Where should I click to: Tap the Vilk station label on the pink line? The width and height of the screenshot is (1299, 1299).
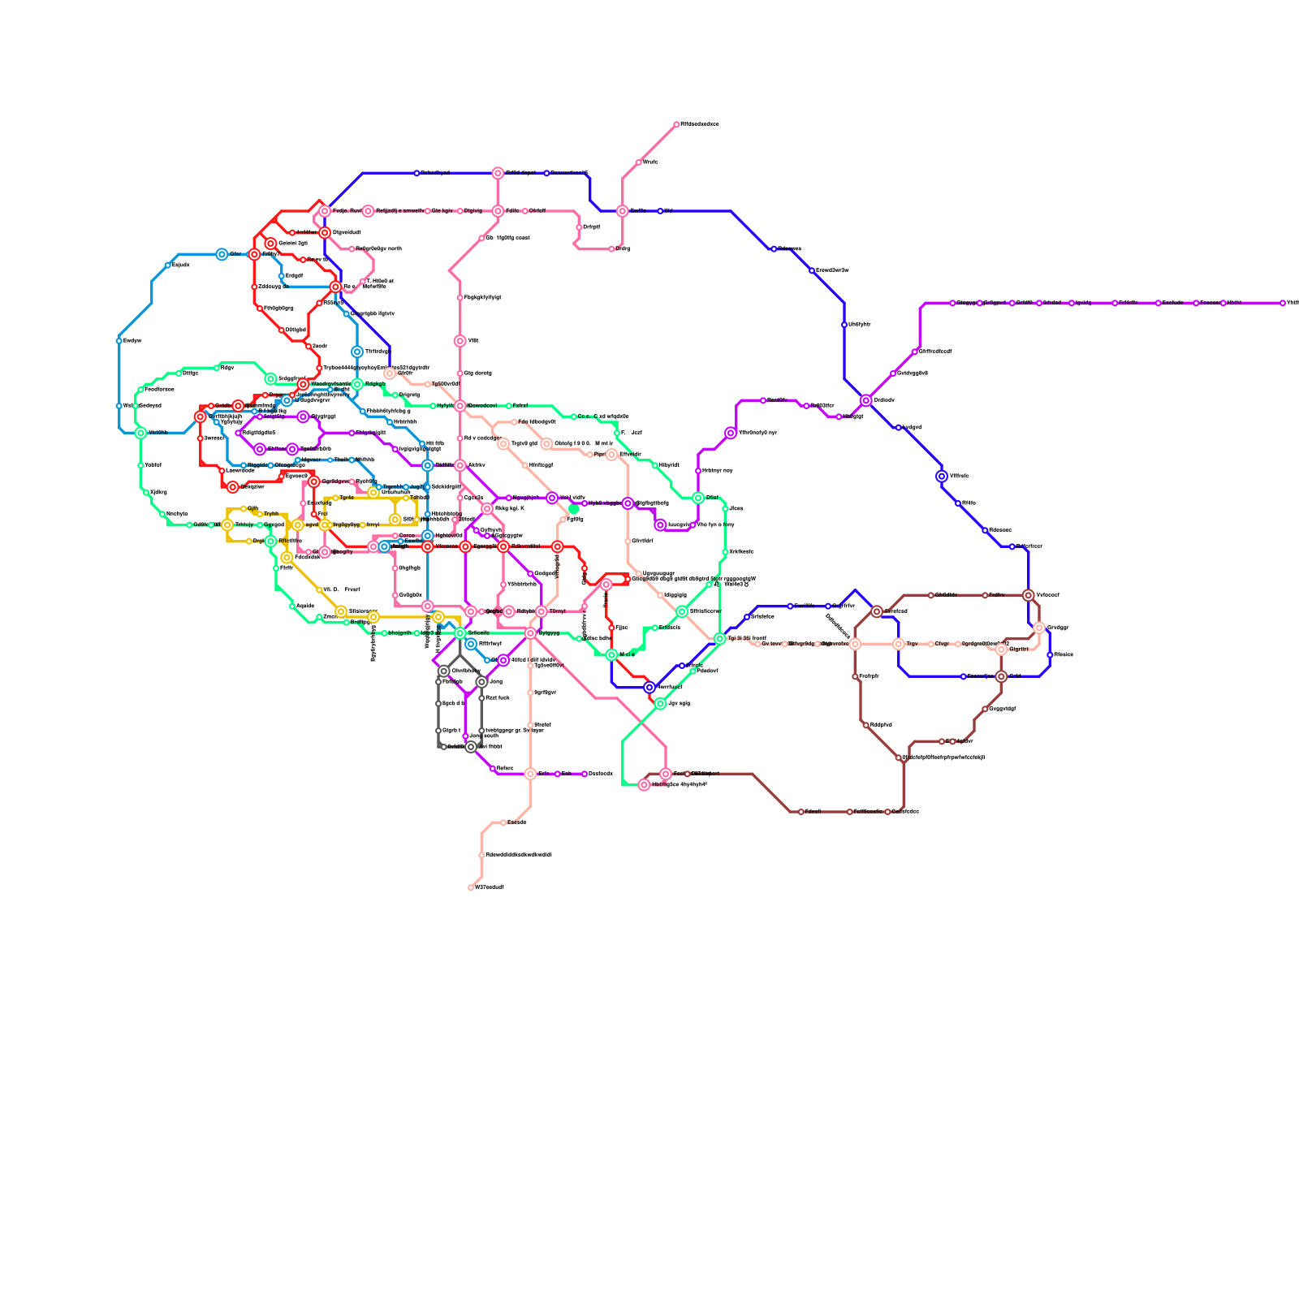pyautogui.click(x=473, y=341)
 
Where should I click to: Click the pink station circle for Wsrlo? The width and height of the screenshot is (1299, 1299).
pyautogui.click(x=639, y=162)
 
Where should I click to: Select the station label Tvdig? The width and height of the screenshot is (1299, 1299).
pyautogui.click(x=623, y=249)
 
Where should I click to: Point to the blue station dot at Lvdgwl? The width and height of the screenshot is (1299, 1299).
pyautogui.click(x=899, y=428)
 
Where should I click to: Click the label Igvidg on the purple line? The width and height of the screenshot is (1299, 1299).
pyautogui.click(x=1083, y=303)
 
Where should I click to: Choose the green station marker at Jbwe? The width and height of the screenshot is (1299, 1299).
pyautogui.click(x=725, y=509)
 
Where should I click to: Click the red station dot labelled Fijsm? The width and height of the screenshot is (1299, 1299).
pyautogui.click(x=611, y=628)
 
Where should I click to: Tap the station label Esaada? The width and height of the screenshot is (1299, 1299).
pyautogui.click(x=517, y=822)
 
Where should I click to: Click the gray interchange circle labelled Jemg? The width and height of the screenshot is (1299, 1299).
pyautogui.click(x=481, y=682)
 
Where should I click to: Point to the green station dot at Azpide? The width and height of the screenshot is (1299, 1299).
pyautogui.click(x=292, y=606)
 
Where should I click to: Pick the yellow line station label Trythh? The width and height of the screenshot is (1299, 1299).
pyautogui.click(x=271, y=514)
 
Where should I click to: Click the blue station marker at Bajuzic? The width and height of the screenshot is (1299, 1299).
pyautogui.click(x=168, y=265)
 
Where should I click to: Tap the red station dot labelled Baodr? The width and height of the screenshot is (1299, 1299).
pyautogui.click(x=309, y=347)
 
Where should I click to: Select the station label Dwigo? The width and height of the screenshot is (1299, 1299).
pyautogui.click(x=190, y=373)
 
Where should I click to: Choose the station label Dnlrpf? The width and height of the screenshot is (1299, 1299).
pyautogui.click(x=591, y=227)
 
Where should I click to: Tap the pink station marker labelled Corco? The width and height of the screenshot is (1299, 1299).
pyautogui.click(x=395, y=536)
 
